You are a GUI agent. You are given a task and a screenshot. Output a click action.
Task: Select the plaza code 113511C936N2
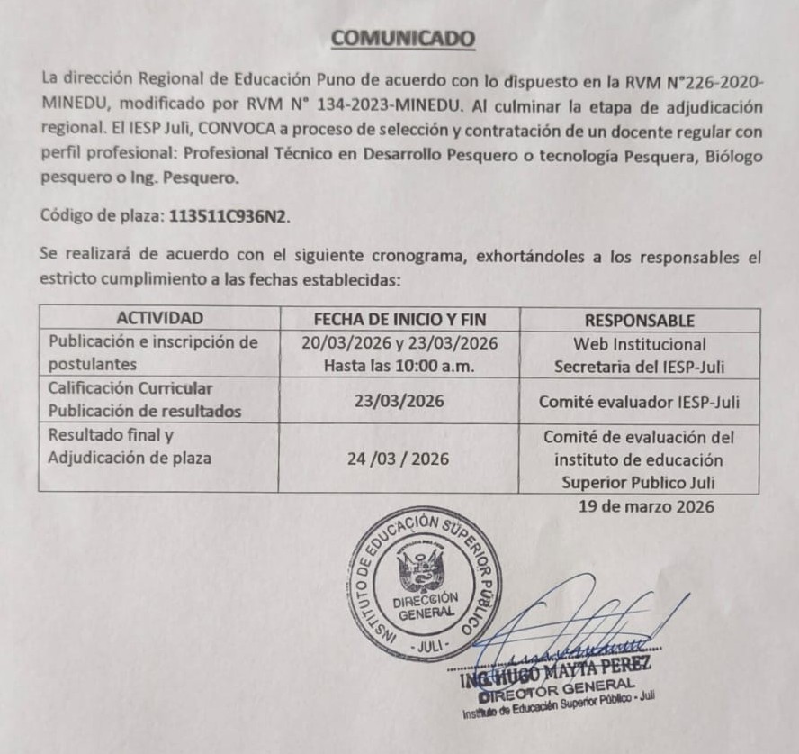[224, 217]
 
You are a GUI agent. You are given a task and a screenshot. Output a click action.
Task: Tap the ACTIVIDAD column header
[159, 319]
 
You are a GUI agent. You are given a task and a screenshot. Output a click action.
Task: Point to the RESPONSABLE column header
[639, 320]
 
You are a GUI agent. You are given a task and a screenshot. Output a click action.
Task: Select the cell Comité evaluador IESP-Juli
[639, 402]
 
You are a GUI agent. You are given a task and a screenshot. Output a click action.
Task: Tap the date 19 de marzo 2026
[646, 506]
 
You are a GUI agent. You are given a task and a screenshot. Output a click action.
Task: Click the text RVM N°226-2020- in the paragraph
[702, 82]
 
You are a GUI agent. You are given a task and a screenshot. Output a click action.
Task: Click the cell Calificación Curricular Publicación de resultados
[146, 400]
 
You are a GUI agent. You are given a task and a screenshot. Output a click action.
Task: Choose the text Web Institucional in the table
[639, 343]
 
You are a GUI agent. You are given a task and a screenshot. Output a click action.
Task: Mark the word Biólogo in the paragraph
[734, 155]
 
